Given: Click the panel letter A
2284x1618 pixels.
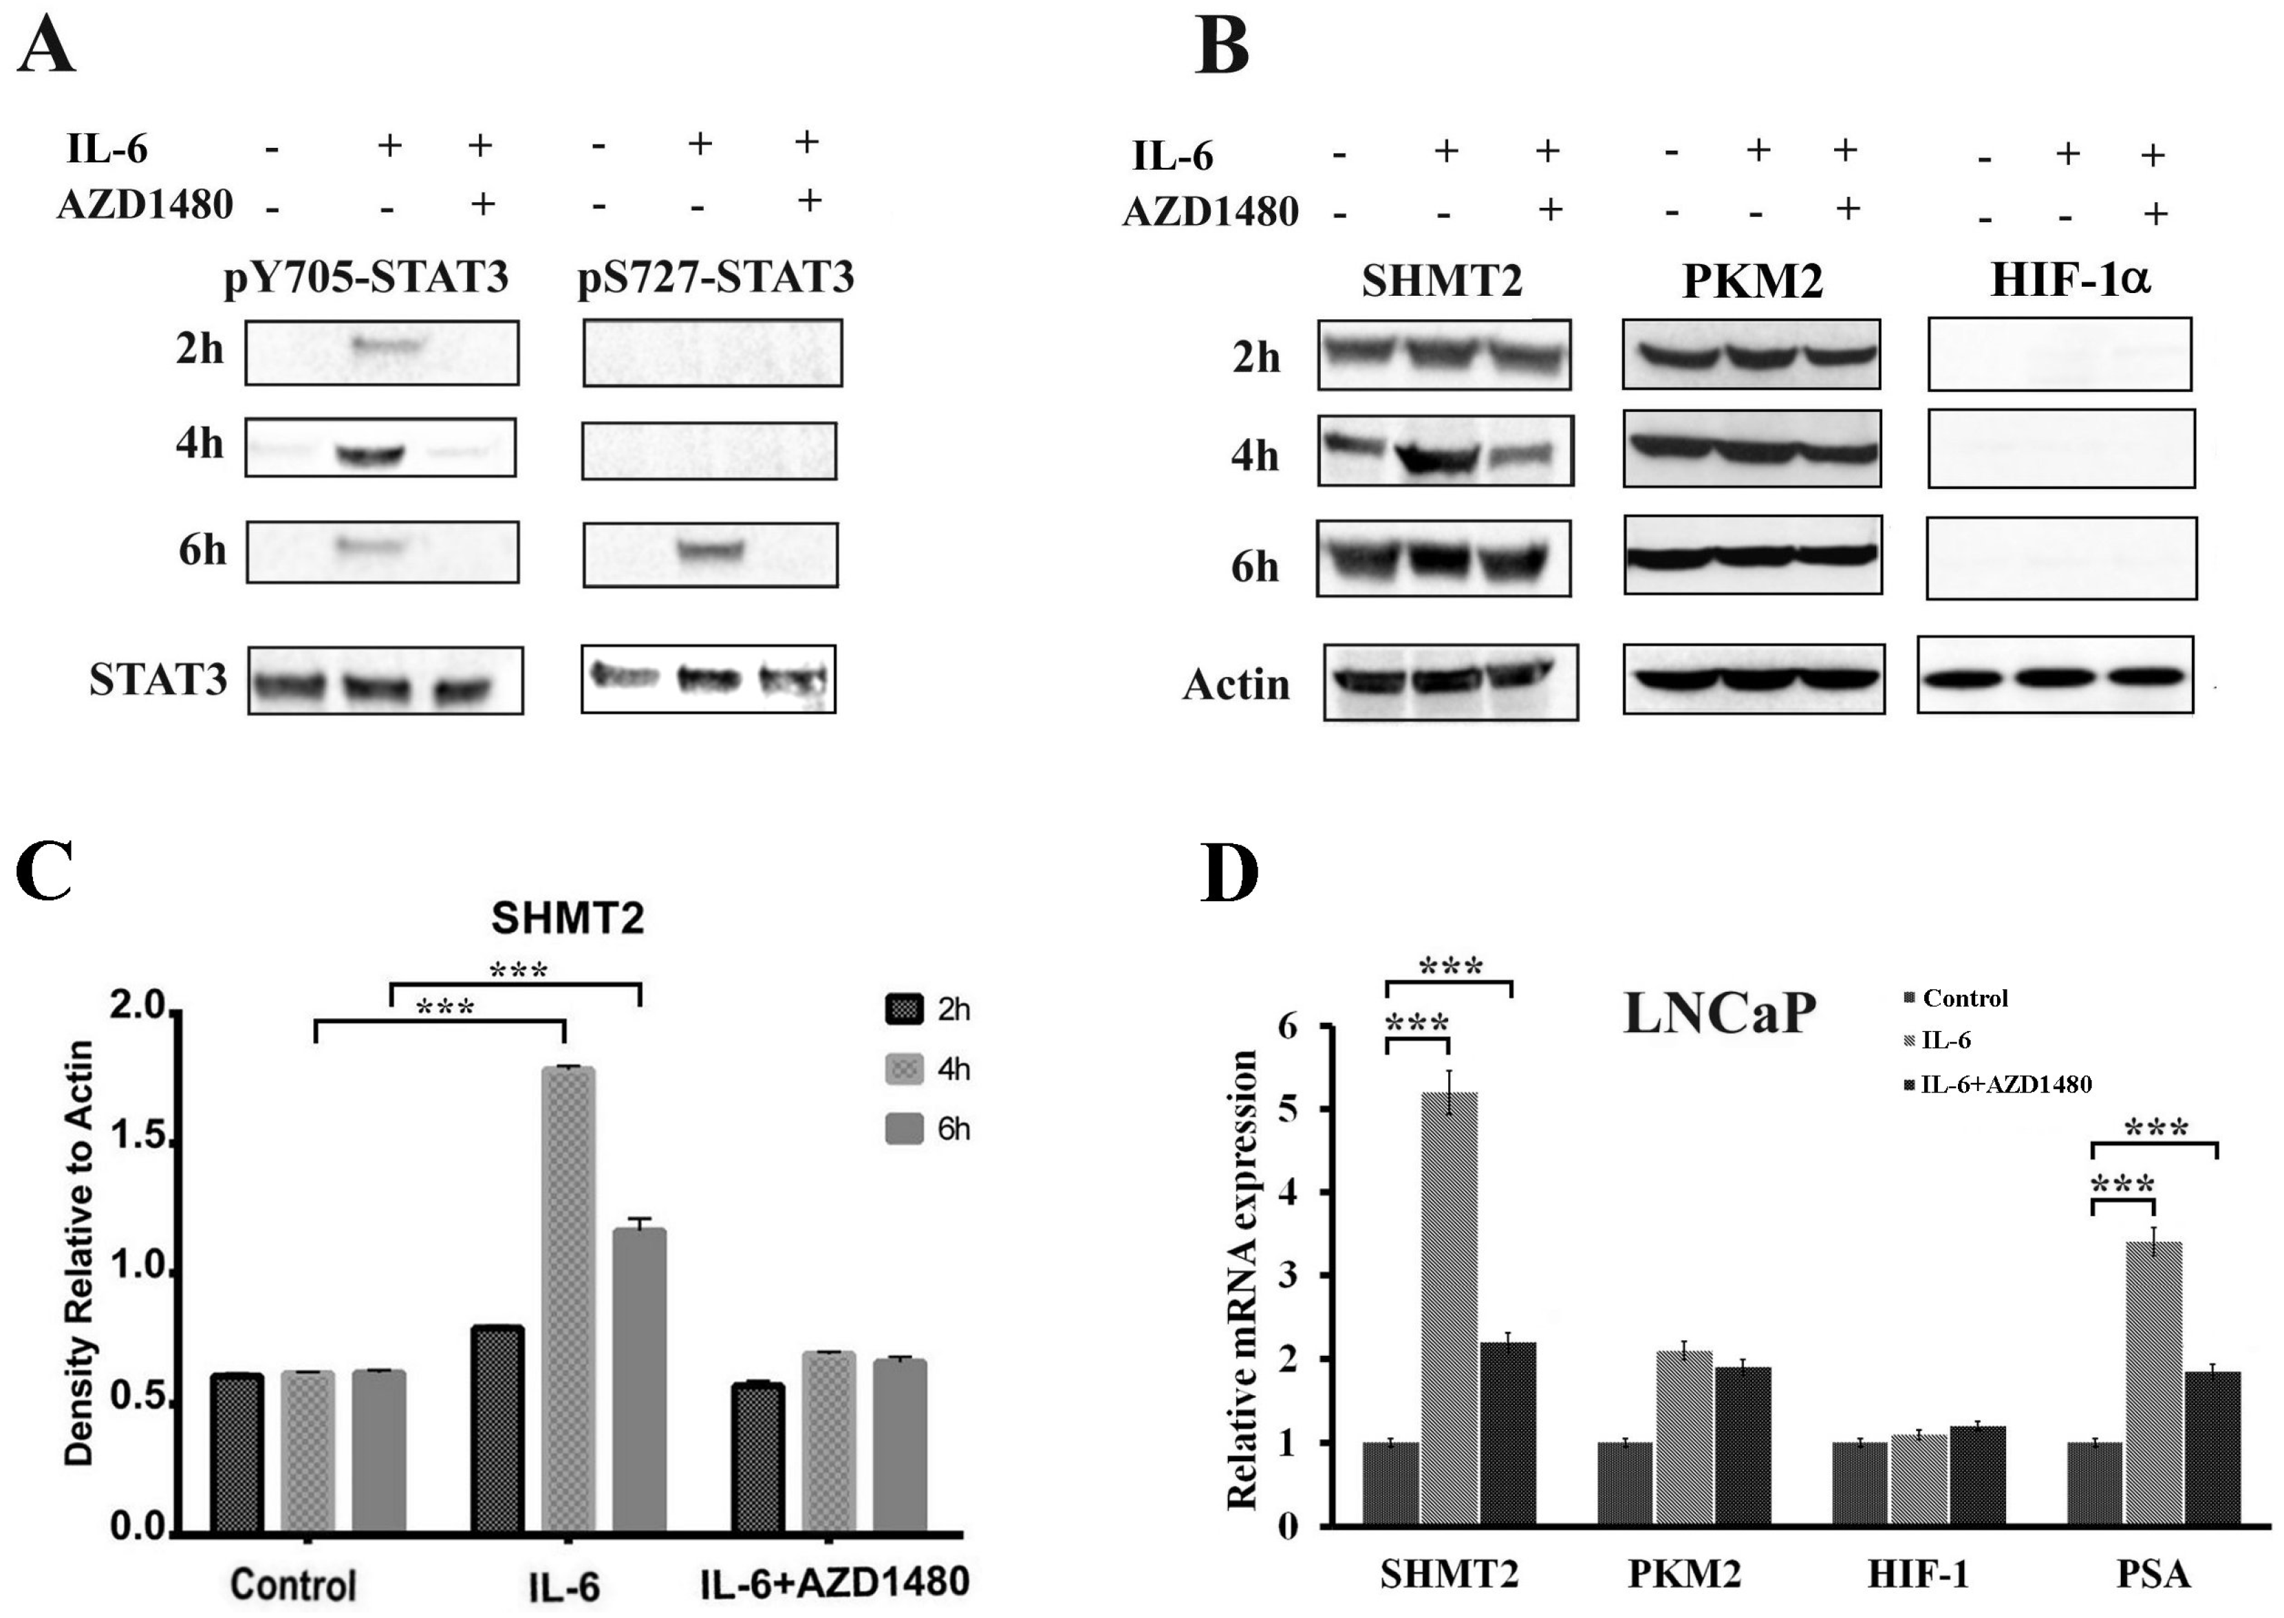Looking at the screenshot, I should (46, 46).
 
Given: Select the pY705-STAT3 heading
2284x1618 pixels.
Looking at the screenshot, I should (365, 278).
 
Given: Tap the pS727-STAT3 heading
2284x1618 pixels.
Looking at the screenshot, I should (715, 278).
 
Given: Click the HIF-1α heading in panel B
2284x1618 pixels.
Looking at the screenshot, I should (2070, 280).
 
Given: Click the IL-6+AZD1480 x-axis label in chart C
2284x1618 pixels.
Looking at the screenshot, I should (834, 1582).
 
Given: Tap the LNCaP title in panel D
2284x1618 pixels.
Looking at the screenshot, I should (1719, 1013).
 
